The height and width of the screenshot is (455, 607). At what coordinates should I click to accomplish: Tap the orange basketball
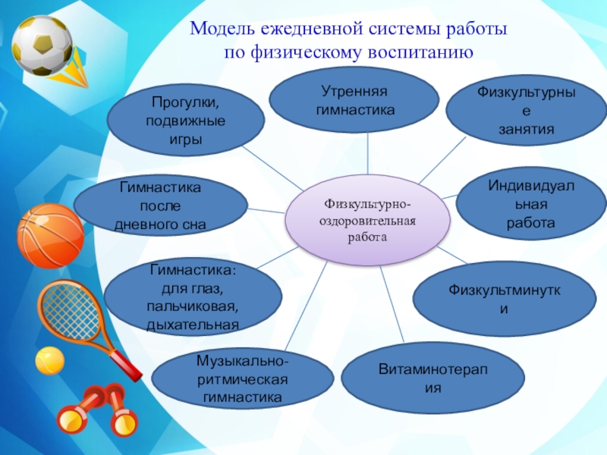(x=50, y=236)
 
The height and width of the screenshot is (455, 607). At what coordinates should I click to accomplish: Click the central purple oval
(x=367, y=220)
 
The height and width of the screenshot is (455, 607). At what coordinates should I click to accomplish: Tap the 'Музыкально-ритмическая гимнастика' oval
(x=243, y=377)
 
